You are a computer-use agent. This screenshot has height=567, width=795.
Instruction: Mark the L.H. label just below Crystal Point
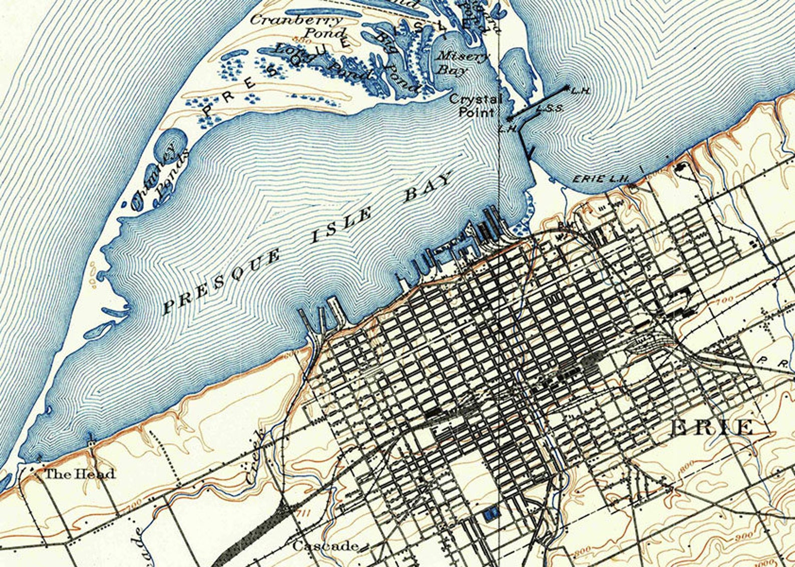[507, 129]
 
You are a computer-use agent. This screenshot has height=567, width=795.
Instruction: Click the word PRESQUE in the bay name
[222, 283]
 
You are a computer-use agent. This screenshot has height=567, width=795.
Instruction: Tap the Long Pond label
[320, 63]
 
